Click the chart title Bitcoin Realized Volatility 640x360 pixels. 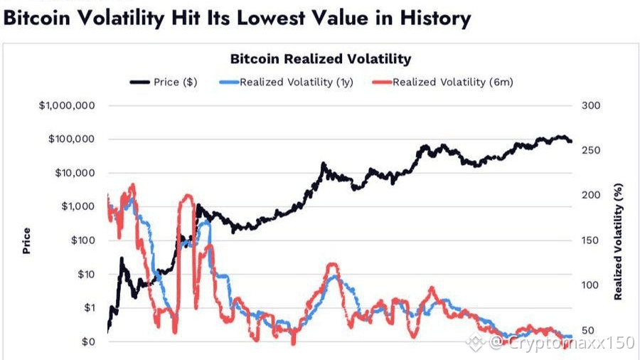click(x=320, y=59)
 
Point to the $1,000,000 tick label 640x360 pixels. click(x=67, y=106)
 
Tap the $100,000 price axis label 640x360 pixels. click(x=72, y=139)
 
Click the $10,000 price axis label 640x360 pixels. click(x=75, y=173)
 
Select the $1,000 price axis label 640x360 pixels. click(x=78, y=206)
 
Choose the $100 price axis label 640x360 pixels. click(x=83, y=240)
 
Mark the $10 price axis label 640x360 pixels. click(x=86, y=275)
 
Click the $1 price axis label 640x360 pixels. click(x=89, y=308)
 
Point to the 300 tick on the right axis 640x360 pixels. click(x=592, y=106)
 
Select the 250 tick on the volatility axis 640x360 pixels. click(x=592, y=151)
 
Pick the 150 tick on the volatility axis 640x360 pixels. click(x=592, y=240)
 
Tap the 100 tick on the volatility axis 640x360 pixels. click(x=592, y=285)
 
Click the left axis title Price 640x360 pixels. click(x=27, y=240)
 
